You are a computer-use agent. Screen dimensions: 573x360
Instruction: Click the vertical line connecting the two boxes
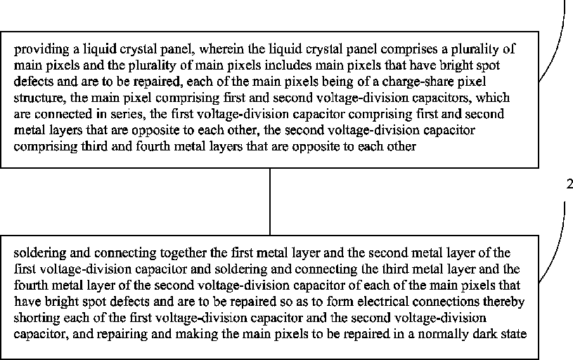coord(270,202)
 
